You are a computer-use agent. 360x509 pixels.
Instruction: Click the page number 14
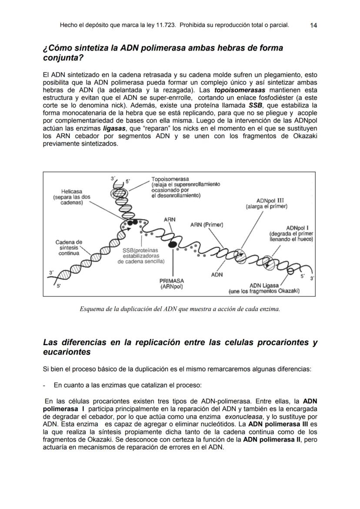[x=313, y=25]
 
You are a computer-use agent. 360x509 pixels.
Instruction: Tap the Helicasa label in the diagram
[x=71, y=191]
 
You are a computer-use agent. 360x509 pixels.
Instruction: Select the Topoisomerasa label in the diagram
[x=170, y=179]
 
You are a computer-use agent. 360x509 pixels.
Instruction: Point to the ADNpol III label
[x=270, y=201]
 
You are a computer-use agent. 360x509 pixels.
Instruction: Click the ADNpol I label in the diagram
[x=297, y=228]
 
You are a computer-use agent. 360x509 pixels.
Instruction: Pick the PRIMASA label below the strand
[x=172, y=281]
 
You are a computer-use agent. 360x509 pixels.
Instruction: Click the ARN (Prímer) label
[x=207, y=225]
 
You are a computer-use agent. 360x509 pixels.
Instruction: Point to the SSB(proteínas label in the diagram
[x=140, y=250]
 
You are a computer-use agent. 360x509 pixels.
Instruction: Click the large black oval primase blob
[x=172, y=244]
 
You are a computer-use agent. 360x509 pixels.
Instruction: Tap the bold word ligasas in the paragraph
[x=114, y=129]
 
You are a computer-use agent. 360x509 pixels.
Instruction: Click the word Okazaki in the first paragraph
[x=305, y=136]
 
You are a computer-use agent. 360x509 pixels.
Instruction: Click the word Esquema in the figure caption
[x=93, y=309]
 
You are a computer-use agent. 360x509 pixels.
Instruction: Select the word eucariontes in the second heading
[x=67, y=352]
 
